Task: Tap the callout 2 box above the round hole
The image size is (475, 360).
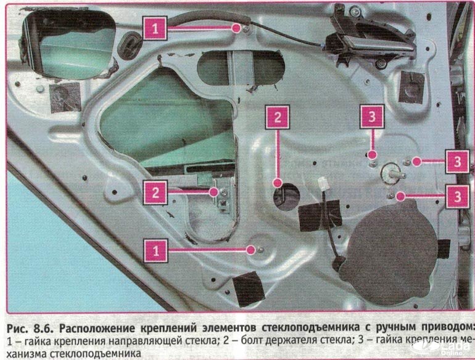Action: pyautogui.click(x=278, y=117)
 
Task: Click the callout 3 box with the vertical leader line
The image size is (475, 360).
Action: pyautogui.click(x=371, y=117)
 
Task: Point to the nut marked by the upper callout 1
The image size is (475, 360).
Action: pyautogui.click(x=246, y=28)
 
